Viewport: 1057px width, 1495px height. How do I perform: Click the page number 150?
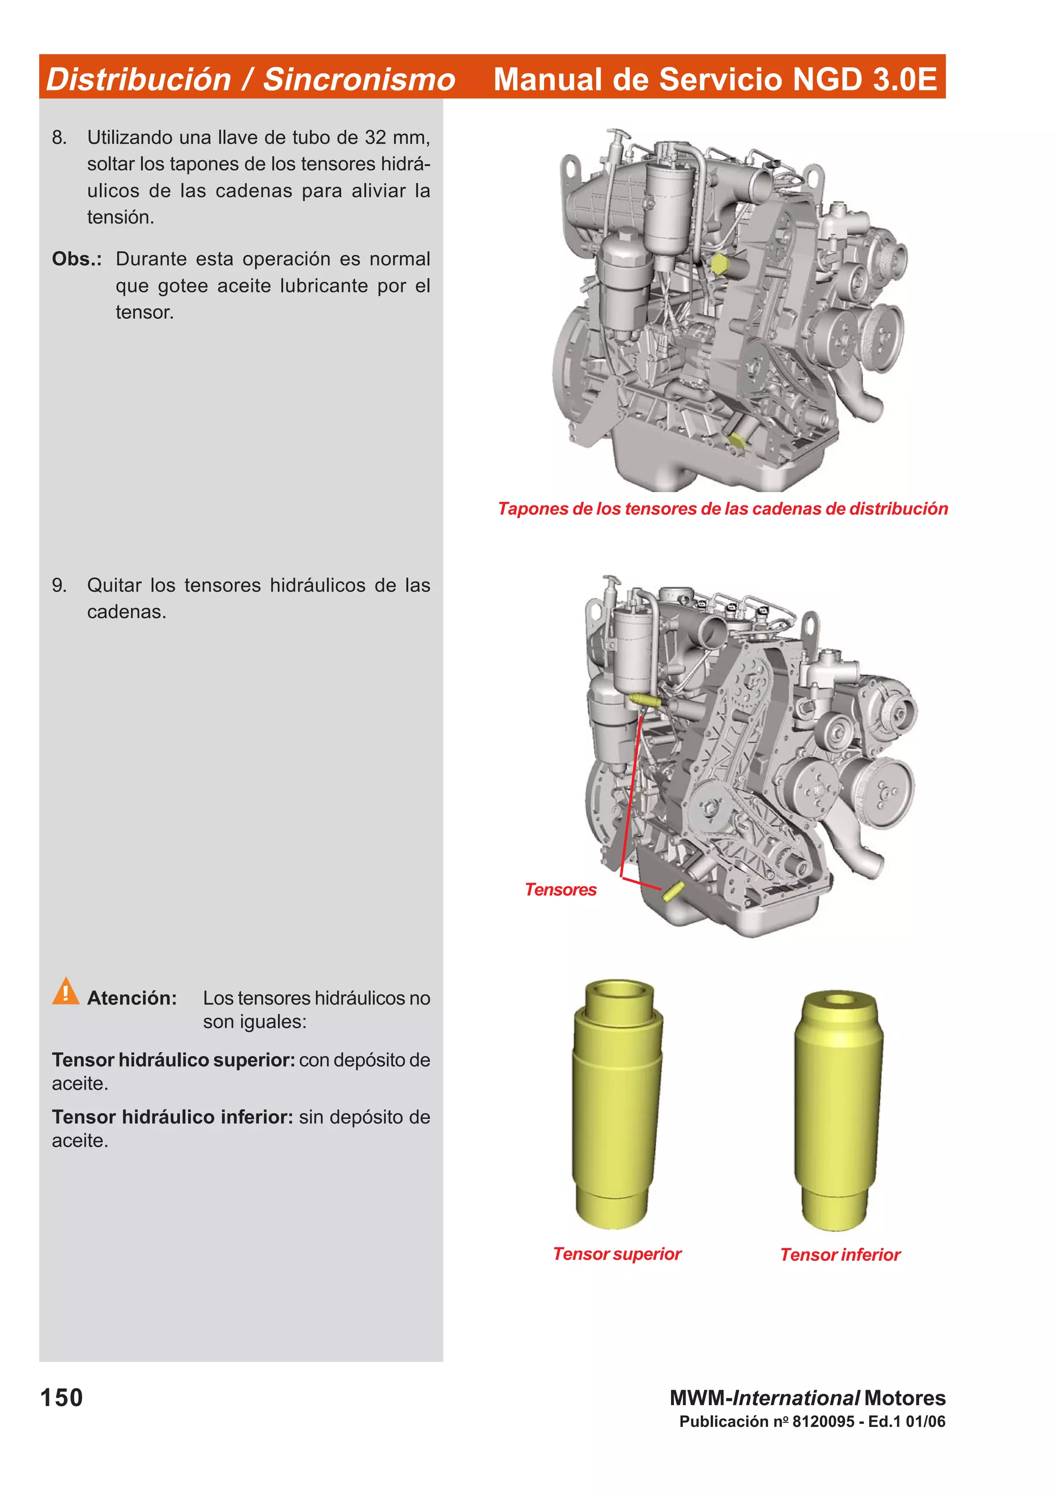[x=61, y=1398]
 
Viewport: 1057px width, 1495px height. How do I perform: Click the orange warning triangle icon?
[x=65, y=992]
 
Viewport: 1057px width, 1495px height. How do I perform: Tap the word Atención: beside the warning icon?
[x=132, y=998]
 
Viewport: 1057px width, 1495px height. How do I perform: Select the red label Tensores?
[x=560, y=889]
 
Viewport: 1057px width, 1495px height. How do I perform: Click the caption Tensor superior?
[x=617, y=1254]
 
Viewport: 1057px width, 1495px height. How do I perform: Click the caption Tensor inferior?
[x=840, y=1254]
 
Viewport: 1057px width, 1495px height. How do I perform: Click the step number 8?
[x=59, y=137]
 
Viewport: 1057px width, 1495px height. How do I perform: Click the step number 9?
[x=59, y=586]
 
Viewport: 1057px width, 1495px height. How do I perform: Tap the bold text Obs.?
[x=76, y=259]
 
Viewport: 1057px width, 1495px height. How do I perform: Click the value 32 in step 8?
[x=375, y=137]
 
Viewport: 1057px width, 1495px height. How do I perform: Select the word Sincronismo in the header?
[x=359, y=79]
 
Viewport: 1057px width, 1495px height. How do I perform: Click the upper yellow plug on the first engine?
[x=719, y=264]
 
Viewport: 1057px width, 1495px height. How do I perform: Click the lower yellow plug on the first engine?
[x=735, y=440]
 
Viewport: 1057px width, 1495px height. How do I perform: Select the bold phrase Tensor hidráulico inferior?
[x=172, y=1117]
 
